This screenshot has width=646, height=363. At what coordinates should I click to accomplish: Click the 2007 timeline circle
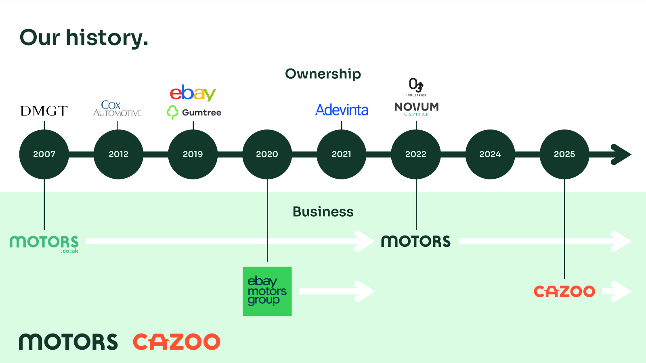point(44,154)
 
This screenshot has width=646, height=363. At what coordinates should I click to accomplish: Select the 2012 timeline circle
point(118,154)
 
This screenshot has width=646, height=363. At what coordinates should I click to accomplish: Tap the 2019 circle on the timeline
point(193,154)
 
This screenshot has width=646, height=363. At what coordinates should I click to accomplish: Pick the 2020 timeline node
point(267,154)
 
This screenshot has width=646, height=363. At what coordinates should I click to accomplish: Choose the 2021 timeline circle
point(341,154)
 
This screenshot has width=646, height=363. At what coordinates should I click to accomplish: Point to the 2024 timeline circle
point(490,154)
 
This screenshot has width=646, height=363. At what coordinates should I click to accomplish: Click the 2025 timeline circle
point(564,154)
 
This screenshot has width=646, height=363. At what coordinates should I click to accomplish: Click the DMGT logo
point(44,111)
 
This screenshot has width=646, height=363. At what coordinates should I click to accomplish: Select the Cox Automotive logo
point(117,108)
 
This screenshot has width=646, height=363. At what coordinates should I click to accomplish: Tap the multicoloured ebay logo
point(193,93)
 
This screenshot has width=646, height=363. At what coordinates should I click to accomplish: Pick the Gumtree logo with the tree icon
point(194,113)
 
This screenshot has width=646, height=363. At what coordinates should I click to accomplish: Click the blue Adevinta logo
point(342,110)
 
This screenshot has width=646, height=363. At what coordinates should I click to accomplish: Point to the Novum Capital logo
point(416,108)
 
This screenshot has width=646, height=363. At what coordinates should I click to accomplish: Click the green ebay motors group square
point(267,291)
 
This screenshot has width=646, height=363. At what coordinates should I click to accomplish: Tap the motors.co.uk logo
point(44,244)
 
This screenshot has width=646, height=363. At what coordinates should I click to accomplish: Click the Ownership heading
point(323,74)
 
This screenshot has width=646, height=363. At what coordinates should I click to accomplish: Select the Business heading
point(323,212)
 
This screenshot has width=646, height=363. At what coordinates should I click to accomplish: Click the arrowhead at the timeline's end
point(622,154)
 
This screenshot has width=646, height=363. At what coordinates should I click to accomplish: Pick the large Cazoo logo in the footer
point(176,342)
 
